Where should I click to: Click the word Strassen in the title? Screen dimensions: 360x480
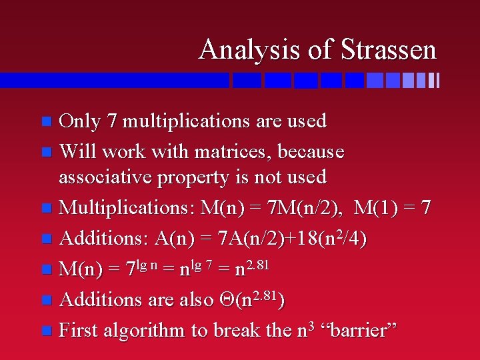coord(389,50)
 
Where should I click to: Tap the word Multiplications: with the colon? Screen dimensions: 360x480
coord(127,207)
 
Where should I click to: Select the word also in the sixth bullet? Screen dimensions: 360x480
coord(197,300)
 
